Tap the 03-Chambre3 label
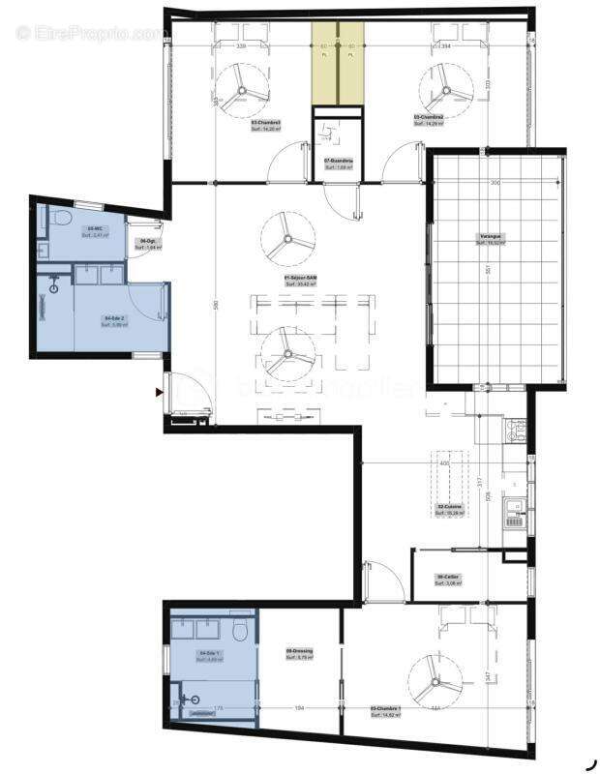(265, 123)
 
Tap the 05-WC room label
(95, 228)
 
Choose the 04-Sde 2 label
(112, 318)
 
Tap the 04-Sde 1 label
(210, 654)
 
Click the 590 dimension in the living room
(216, 306)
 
